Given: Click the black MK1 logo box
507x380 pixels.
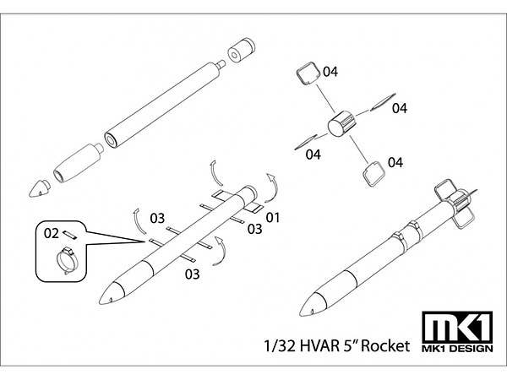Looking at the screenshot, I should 458,328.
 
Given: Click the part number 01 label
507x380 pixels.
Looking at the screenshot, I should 272,218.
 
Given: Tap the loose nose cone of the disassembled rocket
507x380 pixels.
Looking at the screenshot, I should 39,188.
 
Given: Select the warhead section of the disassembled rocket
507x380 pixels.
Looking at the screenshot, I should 78,162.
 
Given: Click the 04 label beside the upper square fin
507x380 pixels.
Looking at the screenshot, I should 330,73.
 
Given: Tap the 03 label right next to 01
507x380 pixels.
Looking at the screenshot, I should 254,229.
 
